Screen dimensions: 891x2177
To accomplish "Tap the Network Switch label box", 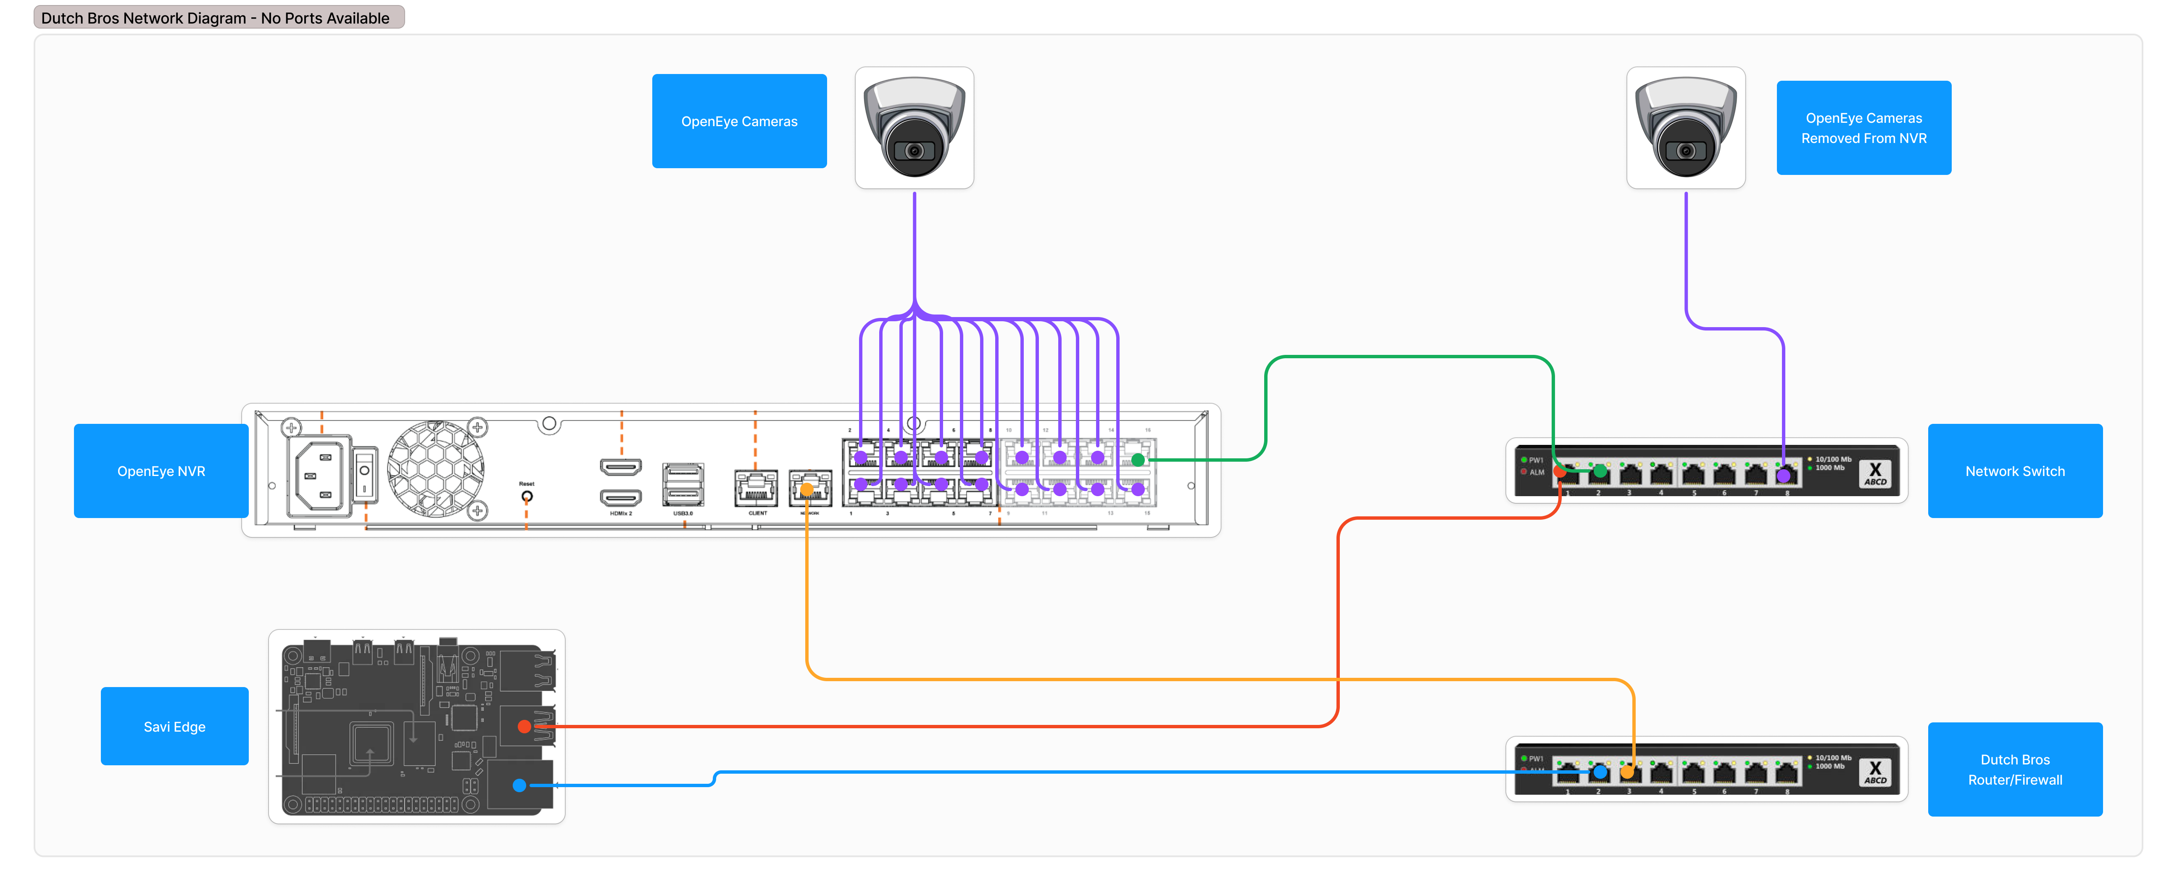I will pos(2015,471).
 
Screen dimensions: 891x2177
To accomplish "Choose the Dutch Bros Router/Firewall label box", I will pos(2015,769).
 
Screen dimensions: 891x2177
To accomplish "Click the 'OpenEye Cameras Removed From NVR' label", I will pos(1863,128).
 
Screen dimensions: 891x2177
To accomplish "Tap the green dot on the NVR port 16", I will pos(1139,460).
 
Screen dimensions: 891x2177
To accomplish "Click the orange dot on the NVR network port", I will pos(807,489).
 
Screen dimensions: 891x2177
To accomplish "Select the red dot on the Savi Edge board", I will pos(524,726).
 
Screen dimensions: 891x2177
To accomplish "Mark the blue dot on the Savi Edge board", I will pos(520,785).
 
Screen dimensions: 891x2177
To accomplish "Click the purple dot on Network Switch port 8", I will pos(1783,476).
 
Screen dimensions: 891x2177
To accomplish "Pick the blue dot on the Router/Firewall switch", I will pos(1600,772).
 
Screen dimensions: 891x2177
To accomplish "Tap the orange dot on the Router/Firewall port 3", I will pos(1627,772).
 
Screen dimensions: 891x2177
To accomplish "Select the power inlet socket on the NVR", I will pos(319,476).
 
